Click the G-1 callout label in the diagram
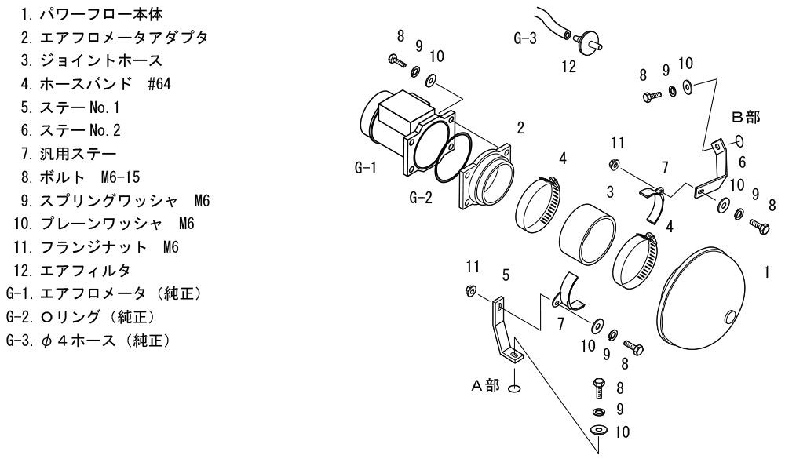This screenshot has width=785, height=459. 366,168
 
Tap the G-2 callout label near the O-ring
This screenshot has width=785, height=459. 421,198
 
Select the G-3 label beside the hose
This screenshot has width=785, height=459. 525,38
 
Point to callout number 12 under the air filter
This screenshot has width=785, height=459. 568,67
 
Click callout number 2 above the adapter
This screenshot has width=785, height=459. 520,128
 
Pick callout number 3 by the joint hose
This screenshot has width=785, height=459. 610,191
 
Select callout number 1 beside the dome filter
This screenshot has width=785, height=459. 766,272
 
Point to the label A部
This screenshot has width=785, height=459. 485,385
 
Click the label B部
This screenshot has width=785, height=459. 746,117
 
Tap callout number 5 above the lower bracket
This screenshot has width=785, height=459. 506,275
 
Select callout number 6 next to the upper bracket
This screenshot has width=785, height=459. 742,162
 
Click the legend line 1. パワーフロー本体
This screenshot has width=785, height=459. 92,14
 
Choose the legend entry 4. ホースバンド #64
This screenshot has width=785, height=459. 96,84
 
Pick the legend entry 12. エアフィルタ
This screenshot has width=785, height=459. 72,271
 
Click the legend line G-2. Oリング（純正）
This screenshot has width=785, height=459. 81,317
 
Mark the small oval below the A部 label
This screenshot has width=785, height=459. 513,388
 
